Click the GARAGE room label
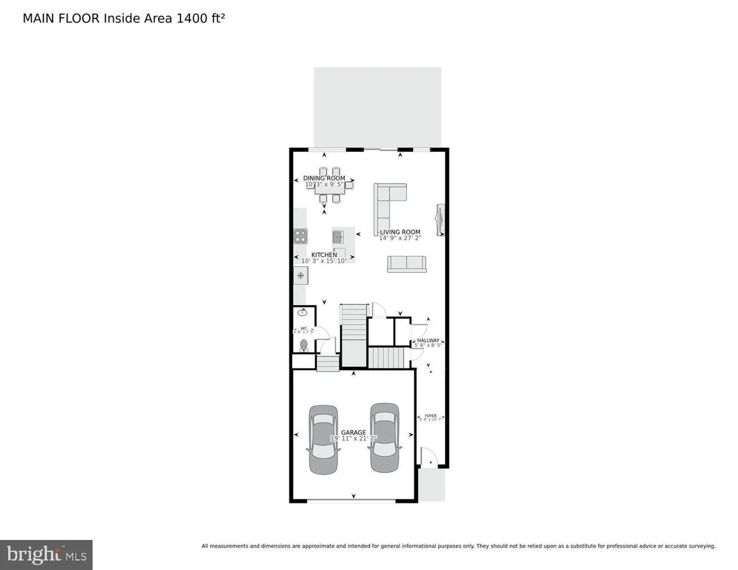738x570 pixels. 353,432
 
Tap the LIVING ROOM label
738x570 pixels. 400,232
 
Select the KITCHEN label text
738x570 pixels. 324,255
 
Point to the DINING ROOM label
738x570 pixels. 324,178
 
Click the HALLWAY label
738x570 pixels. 428,340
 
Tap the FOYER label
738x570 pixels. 430,416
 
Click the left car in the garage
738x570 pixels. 324,439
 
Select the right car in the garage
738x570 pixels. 385,438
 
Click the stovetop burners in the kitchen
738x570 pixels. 300,236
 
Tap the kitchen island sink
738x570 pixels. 338,237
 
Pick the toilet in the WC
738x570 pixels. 303,345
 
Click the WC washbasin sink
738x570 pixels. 302,312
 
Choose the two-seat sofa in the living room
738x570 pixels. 406,264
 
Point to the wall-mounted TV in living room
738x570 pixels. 440,220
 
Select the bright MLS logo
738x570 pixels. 46,555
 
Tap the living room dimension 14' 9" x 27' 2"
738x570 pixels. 400,238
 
